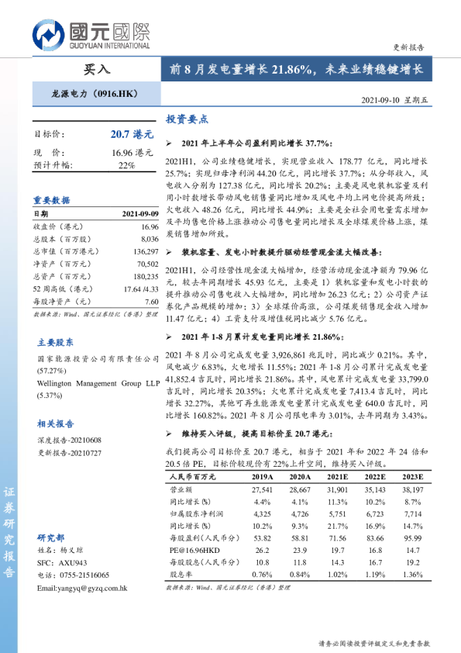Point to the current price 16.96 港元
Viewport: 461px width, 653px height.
pos(132,153)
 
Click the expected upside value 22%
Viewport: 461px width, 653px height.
pos(126,165)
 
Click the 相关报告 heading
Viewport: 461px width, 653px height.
pos(56,423)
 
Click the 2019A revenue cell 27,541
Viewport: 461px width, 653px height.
pos(263,490)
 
